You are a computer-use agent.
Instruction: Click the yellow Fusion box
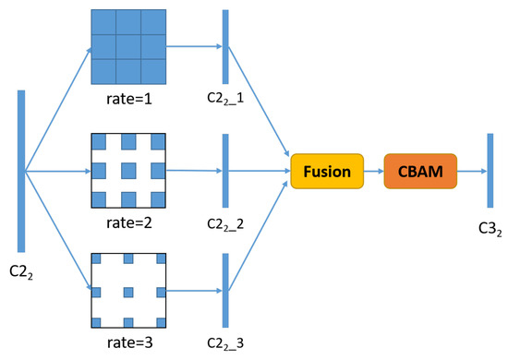(x=326, y=171)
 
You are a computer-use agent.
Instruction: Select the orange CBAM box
(x=419, y=171)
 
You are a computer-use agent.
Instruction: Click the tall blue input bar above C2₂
(x=20, y=171)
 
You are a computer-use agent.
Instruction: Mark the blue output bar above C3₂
(x=490, y=171)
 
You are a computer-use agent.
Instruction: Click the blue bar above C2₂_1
(x=224, y=47)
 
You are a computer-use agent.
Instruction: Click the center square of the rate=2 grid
(x=128, y=171)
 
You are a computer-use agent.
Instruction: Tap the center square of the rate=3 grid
(x=128, y=293)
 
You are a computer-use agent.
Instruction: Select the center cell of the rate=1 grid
(x=128, y=47)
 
